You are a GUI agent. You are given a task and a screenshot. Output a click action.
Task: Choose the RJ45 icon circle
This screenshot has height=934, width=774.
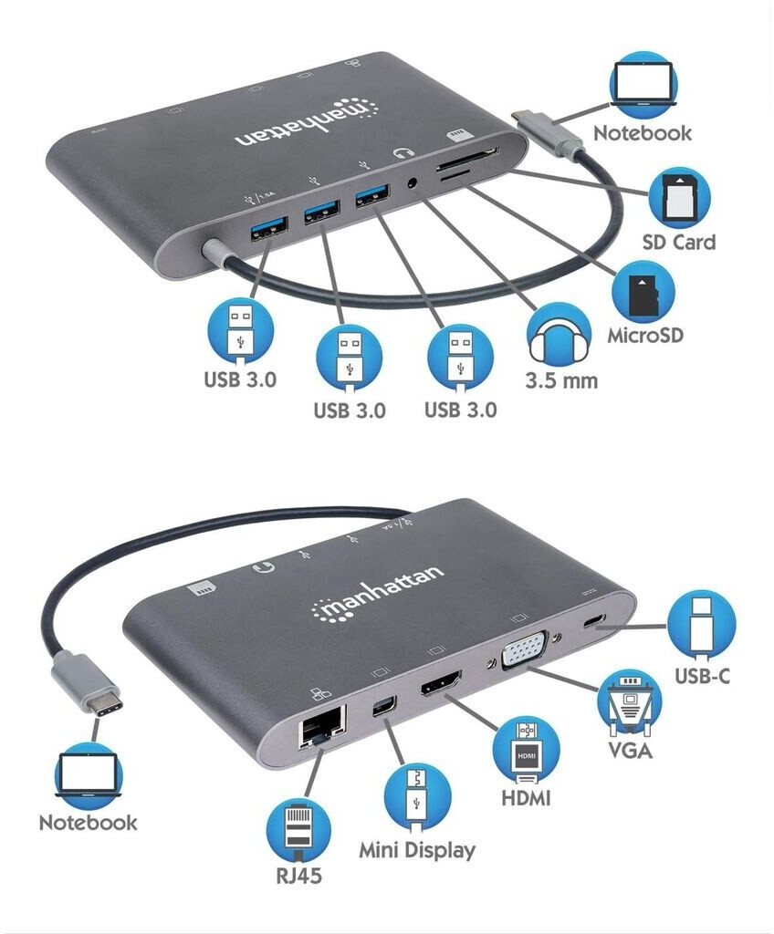click(x=298, y=827)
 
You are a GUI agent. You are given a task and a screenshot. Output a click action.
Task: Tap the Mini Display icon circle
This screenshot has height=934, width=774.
click(x=416, y=796)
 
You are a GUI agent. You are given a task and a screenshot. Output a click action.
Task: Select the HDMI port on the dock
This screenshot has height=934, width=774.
click(x=441, y=684)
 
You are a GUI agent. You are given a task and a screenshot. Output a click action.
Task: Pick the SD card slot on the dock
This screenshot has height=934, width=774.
click(x=468, y=157)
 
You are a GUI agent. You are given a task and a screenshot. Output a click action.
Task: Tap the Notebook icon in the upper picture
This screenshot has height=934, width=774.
click(x=643, y=84)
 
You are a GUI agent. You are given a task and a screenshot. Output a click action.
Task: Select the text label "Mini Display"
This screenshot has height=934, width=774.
click(x=416, y=851)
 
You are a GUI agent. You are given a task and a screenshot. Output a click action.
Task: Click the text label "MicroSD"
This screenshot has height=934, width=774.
click(x=645, y=336)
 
